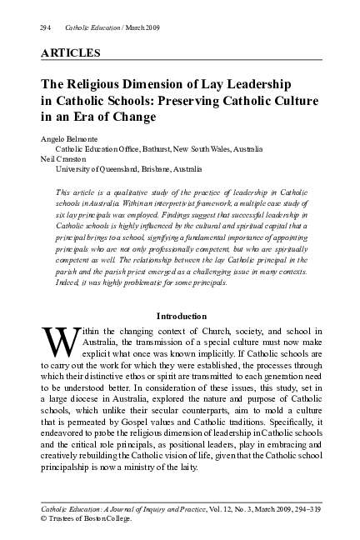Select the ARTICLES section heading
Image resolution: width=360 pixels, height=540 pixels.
tap(70, 53)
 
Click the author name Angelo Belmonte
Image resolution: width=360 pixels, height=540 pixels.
tap(68, 138)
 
